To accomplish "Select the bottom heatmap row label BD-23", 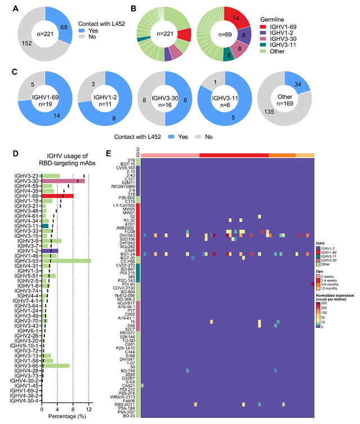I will point(130,416).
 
